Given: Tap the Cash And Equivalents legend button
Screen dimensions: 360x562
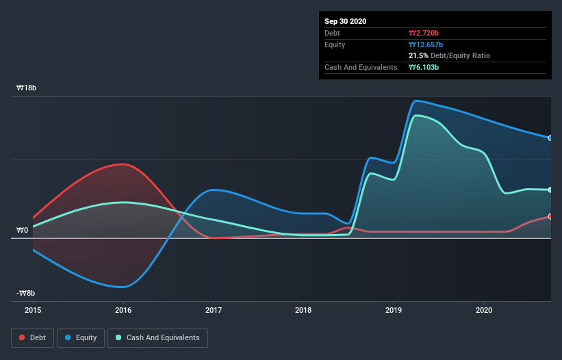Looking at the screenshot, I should [x=157, y=337].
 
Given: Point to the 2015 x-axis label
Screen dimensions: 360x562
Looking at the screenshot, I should [x=33, y=309].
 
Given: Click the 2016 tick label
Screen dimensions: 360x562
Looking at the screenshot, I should [x=123, y=309].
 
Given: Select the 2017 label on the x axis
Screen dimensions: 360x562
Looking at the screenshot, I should [x=214, y=309].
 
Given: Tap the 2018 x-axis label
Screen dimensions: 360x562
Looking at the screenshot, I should [x=303, y=309].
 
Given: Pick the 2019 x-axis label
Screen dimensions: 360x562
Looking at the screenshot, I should [x=394, y=309].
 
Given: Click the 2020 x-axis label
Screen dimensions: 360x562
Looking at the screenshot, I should [x=484, y=309].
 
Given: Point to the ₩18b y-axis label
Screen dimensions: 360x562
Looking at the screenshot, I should [x=27, y=88].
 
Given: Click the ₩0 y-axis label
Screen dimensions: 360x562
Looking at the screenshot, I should [x=23, y=230].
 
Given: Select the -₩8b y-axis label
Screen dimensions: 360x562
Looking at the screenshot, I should [x=26, y=293].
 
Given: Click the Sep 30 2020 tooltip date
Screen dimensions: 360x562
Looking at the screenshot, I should [x=346, y=21].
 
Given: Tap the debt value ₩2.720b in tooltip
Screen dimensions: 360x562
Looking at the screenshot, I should [x=424, y=33].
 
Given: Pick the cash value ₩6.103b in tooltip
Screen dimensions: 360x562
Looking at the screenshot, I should [x=424, y=67].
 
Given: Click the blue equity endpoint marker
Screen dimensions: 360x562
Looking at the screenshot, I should [x=550, y=138].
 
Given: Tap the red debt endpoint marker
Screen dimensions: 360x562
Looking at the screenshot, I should [x=550, y=216].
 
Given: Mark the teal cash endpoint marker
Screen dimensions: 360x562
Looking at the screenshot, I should [x=550, y=190].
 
